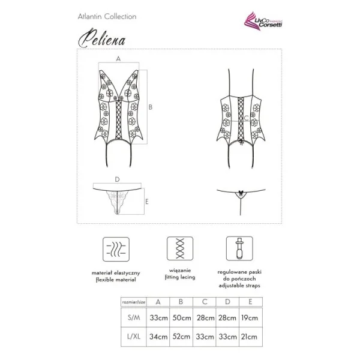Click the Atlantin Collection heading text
(x=107, y=16)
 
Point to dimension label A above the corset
(x=118, y=59)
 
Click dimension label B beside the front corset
(x=151, y=107)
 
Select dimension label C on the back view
(x=246, y=118)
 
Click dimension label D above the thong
(x=118, y=179)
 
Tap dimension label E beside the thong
(x=147, y=201)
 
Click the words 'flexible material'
(x=112, y=280)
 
